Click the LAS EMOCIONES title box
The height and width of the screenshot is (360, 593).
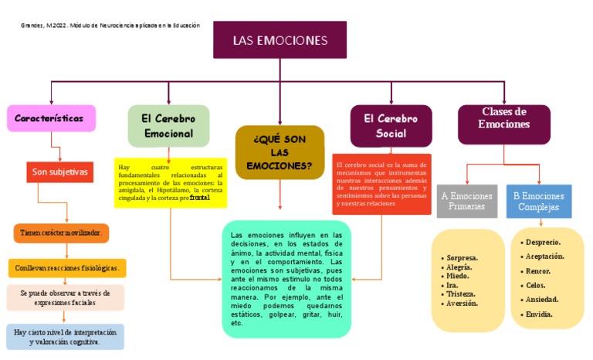(280, 40)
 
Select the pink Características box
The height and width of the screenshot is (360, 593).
(51, 119)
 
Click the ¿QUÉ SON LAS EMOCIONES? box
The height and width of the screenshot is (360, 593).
(280, 152)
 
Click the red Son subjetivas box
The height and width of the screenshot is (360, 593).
(61, 172)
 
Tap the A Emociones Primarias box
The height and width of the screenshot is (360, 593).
(467, 201)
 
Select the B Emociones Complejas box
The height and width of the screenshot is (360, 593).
(539, 201)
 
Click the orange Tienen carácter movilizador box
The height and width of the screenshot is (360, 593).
(61, 232)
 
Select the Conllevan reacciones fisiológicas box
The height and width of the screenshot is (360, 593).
(67, 268)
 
